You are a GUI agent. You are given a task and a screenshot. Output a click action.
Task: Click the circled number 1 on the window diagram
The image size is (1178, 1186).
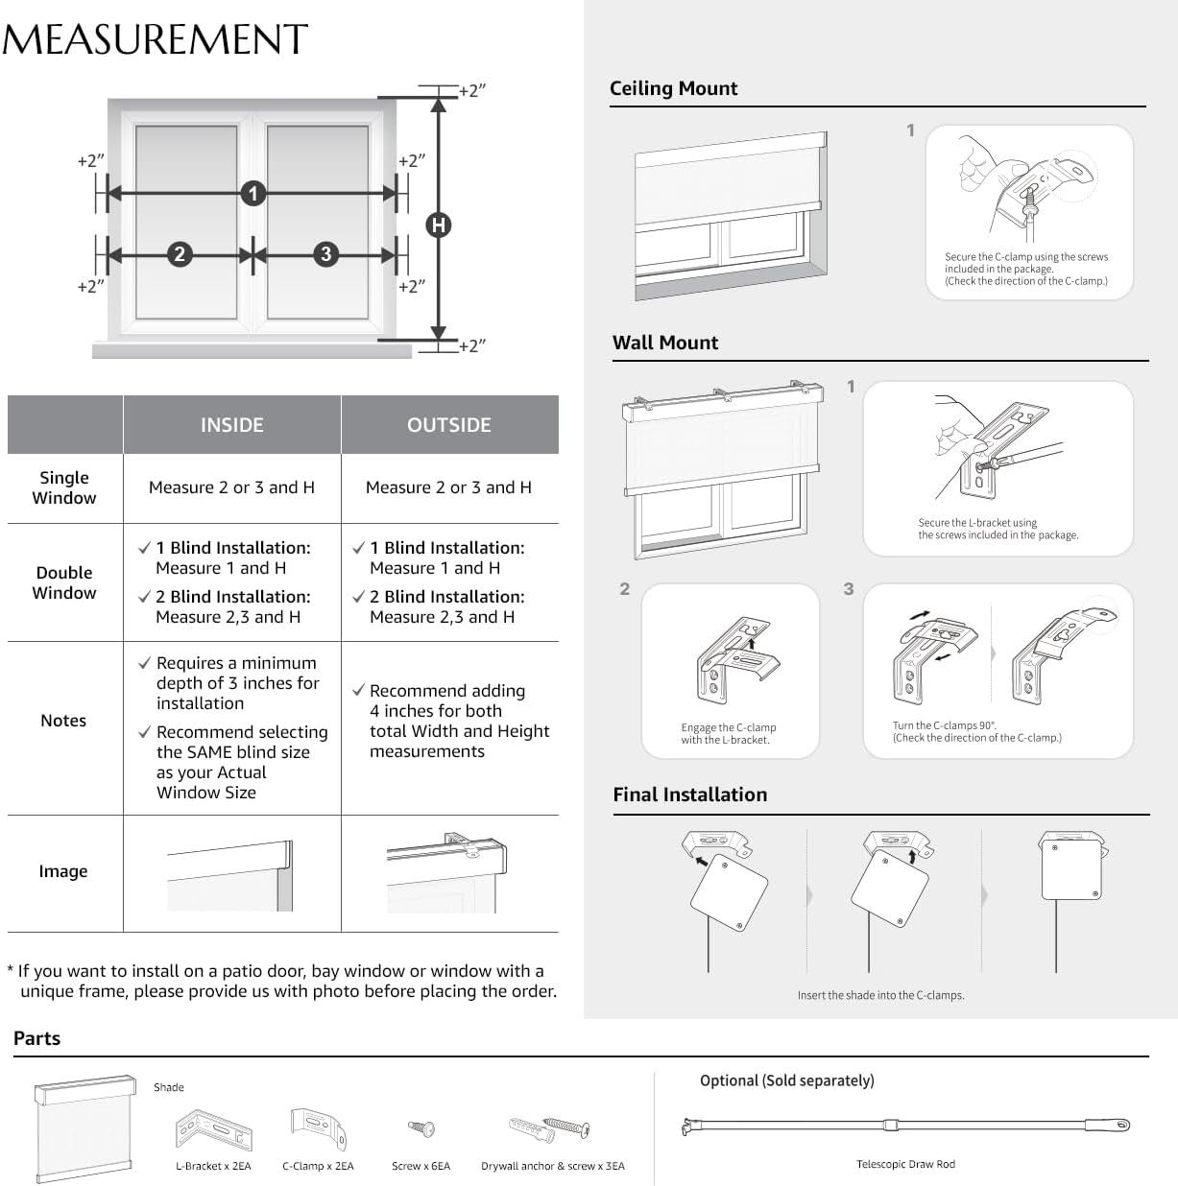tap(252, 194)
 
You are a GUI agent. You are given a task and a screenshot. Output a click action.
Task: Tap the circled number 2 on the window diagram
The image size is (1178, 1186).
tap(180, 254)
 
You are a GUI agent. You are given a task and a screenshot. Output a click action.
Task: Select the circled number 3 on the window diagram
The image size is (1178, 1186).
tap(326, 254)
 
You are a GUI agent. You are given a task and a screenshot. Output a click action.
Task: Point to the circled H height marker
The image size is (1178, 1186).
tap(439, 225)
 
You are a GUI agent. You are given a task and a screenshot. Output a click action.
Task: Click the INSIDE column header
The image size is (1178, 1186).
tap(231, 425)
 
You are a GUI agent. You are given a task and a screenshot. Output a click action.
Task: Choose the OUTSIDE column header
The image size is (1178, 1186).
tap(448, 425)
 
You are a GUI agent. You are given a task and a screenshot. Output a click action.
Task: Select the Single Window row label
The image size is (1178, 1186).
tap(64, 487)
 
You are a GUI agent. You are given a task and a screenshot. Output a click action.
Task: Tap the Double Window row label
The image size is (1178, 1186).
tap(64, 582)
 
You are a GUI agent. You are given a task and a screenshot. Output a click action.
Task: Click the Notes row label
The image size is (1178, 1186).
tap(63, 721)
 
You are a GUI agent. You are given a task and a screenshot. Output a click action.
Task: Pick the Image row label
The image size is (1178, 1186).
tap(63, 871)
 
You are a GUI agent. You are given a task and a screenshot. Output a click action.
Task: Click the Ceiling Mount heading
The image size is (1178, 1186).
tap(673, 88)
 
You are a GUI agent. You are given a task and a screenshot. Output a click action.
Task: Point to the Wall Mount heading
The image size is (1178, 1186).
tap(665, 343)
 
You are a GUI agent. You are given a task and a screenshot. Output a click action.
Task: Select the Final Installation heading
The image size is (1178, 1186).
tap(689, 795)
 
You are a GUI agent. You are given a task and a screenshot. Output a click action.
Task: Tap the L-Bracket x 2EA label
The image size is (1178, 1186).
tap(213, 1166)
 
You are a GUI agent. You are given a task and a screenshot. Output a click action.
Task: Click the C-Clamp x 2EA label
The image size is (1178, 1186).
tap(318, 1166)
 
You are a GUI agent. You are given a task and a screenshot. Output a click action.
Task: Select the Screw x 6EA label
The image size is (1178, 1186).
tap(421, 1166)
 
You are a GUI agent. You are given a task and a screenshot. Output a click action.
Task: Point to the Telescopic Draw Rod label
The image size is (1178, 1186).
tap(905, 1164)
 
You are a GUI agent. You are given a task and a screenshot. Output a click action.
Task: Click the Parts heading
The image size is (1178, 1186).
tap(36, 1038)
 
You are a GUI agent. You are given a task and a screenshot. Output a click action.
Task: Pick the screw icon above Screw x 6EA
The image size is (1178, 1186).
tap(421, 1127)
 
